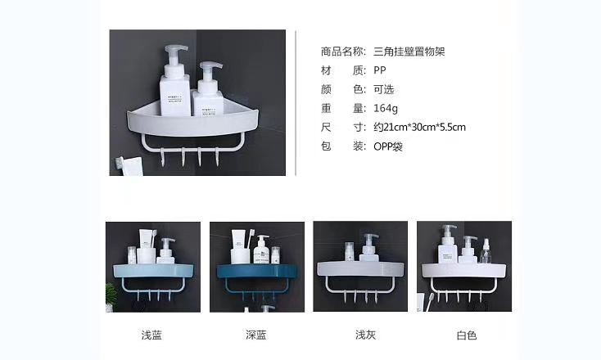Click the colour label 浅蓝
coord(151,335)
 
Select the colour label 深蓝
coord(256,335)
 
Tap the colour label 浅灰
coord(366,335)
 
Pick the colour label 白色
coord(467,335)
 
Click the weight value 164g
coord(386,108)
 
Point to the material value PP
coord(380,70)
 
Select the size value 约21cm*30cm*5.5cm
coord(420,127)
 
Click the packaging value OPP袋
coord(388,146)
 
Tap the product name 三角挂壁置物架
coord(409,52)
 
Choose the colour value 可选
coord(384,90)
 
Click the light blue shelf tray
coord(153,270)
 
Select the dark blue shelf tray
coord(257,270)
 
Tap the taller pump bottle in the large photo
coord(174,81)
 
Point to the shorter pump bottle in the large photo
coord(208,90)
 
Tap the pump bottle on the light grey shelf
coord(370,248)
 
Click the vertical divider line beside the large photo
coord(296,103)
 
